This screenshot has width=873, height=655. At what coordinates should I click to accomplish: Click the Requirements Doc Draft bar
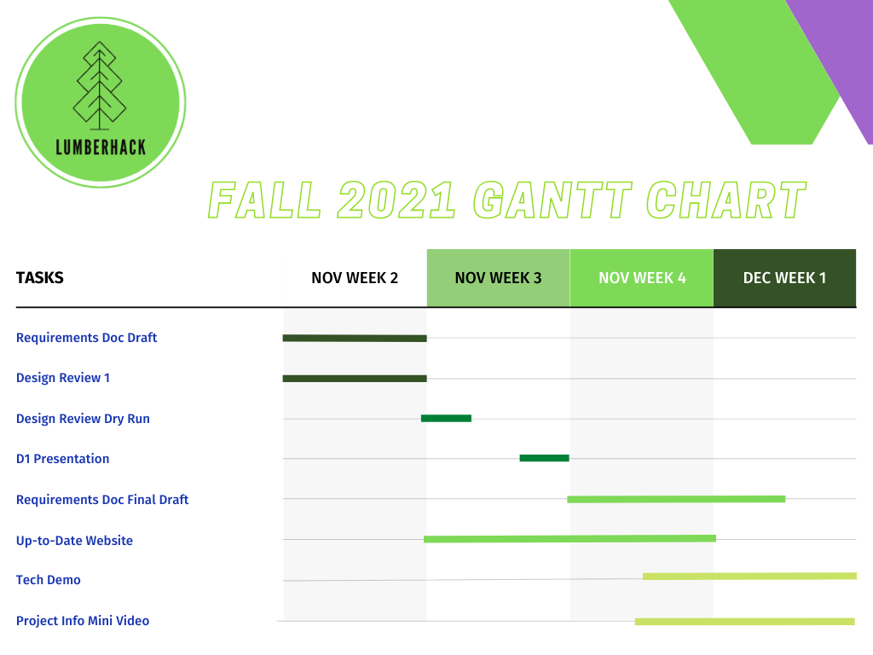tap(355, 338)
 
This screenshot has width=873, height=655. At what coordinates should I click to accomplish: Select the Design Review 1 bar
tap(355, 379)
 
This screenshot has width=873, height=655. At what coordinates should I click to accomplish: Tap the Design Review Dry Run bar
tap(446, 418)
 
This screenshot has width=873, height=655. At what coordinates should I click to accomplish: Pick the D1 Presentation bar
tap(544, 458)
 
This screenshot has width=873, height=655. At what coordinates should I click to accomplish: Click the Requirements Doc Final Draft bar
tap(676, 499)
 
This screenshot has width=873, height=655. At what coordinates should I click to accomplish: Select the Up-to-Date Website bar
tap(569, 539)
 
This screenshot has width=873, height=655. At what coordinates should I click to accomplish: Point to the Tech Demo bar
tap(749, 576)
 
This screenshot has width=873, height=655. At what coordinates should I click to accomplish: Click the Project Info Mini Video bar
tap(744, 622)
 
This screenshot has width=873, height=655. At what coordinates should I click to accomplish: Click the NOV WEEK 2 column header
tap(355, 278)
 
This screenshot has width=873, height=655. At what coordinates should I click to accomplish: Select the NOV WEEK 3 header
tap(498, 278)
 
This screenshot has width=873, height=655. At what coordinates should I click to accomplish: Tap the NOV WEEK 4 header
tap(642, 278)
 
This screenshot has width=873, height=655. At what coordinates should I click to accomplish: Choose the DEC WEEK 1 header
tap(785, 278)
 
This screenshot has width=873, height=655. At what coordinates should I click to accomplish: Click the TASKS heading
tap(39, 277)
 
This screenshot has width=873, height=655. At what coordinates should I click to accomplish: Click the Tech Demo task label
tap(49, 580)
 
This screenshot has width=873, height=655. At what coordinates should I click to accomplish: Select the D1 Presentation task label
tap(62, 459)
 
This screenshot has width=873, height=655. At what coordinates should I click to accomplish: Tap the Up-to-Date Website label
tap(75, 540)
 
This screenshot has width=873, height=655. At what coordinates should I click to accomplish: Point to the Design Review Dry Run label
tap(83, 419)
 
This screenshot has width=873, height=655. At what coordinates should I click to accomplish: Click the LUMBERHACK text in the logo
tap(101, 148)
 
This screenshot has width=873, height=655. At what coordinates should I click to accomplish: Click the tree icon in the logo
tap(100, 85)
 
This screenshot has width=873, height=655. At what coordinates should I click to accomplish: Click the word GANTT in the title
tap(552, 200)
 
